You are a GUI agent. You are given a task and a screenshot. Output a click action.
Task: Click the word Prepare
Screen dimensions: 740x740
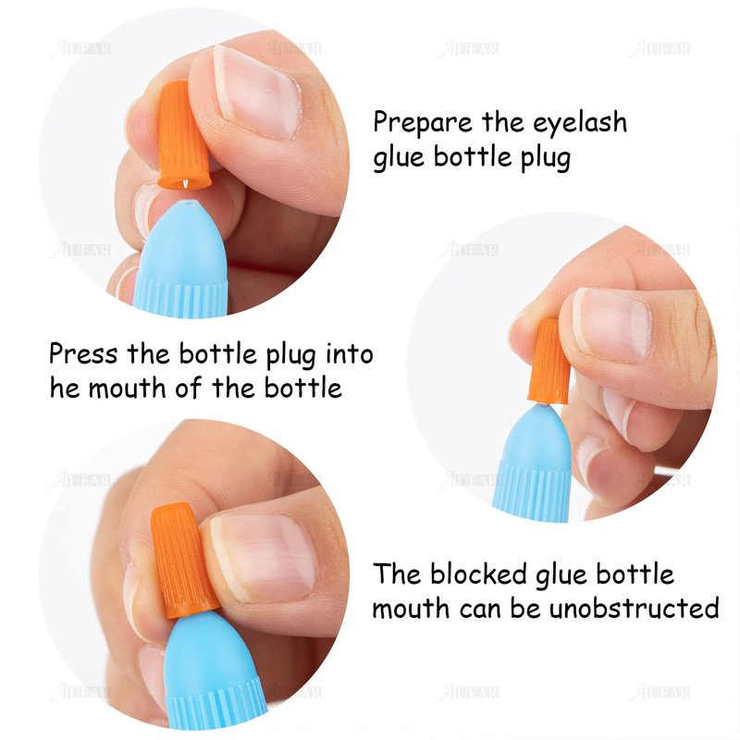pos(423,123)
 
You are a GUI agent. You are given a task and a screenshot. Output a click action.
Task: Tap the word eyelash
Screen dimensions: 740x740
pos(580,123)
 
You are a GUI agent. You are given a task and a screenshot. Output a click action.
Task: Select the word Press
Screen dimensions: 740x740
pos(83,353)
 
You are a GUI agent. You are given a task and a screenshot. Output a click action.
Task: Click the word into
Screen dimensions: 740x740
pos(350,353)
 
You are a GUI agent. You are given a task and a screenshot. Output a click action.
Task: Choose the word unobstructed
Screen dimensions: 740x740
pos(635,608)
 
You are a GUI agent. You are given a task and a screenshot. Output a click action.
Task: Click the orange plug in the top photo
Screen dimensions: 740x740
pos(181,134)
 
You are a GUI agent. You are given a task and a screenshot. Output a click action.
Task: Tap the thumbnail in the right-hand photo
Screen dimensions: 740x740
pos(612,325)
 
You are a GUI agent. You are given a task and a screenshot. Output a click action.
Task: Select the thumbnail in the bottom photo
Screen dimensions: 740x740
pos(262,559)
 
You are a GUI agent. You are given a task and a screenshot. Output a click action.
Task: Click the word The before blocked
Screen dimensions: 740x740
pos(397,573)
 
